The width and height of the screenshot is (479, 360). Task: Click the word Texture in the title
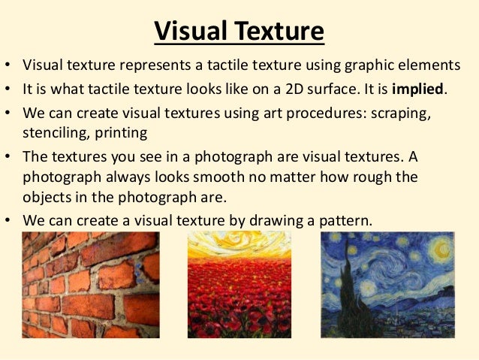pyautogui.click(x=279, y=32)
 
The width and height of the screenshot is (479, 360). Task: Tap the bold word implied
pyautogui.click(x=414, y=89)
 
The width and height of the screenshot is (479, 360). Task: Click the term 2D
pyautogui.click(x=291, y=89)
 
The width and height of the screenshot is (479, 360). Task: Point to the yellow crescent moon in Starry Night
pyautogui.click(x=438, y=247)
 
